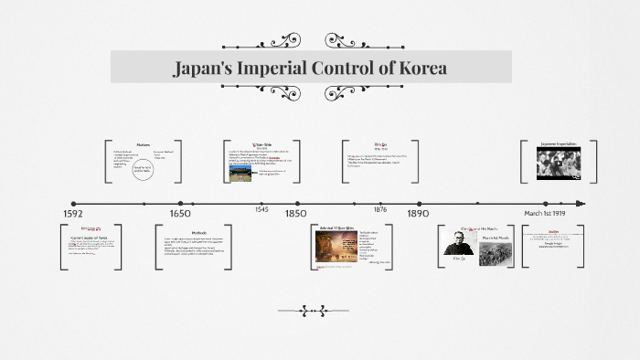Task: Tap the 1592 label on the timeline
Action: (x=73, y=213)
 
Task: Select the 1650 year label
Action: (x=180, y=213)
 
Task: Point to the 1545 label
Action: (x=262, y=210)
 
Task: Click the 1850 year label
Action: (x=295, y=213)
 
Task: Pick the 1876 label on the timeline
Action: (x=380, y=210)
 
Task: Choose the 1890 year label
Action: (x=419, y=213)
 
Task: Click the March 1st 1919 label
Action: (x=544, y=213)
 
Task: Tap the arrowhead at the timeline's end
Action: (x=581, y=204)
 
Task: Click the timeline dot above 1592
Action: (x=73, y=204)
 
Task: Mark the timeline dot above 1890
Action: (x=418, y=204)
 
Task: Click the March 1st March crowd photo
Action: (x=497, y=253)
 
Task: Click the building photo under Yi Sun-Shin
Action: (x=240, y=172)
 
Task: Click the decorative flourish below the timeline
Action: (x=313, y=311)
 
